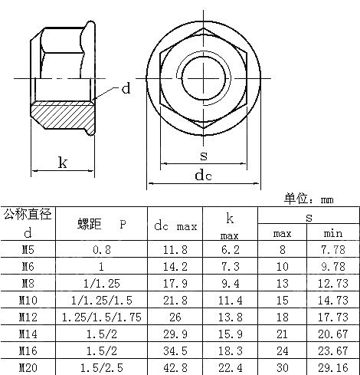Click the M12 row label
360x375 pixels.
pos(27,316)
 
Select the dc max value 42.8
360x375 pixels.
pos(176,367)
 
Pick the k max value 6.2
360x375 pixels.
pos(231,249)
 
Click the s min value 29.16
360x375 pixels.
pos(333,367)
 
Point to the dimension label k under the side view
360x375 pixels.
pos(63,163)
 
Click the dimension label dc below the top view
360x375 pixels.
pos(203,176)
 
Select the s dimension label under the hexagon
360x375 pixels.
pos(202,155)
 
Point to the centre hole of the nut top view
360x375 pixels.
pos(204,76)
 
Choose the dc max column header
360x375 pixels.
pos(175,226)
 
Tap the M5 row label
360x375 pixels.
pos(27,249)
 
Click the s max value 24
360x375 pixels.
pos(282,350)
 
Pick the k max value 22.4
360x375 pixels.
pos(231,367)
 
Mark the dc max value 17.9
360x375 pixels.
pos(176,283)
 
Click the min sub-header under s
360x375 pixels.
pos(333,233)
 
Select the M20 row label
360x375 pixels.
pos(27,367)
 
